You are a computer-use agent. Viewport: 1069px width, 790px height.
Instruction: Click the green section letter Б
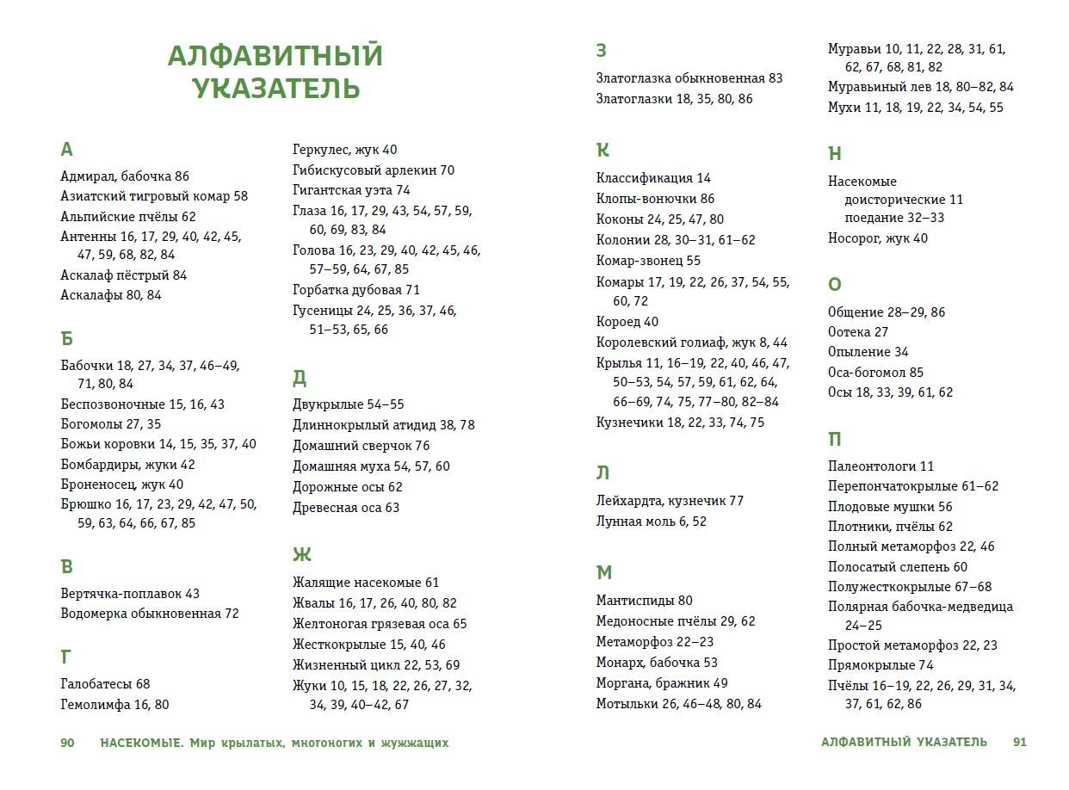coord(67,336)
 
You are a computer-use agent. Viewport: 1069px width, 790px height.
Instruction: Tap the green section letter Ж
coord(301,554)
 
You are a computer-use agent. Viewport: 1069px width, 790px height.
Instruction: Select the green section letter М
coord(603,573)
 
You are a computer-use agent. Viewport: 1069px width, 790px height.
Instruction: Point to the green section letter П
coord(835,439)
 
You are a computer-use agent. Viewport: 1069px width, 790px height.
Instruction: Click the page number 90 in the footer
coord(69,742)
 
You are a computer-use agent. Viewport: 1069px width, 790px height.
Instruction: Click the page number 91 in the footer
coord(1019,742)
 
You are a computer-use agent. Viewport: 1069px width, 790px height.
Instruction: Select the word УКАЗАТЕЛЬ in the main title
coord(275,89)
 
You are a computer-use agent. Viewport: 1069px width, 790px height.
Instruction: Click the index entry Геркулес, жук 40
coord(344,150)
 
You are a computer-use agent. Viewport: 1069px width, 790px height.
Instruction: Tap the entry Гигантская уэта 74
coord(351,190)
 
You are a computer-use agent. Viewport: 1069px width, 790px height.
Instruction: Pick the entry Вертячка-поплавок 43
coord(130,594)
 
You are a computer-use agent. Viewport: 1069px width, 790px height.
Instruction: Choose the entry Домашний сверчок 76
coord(361,446)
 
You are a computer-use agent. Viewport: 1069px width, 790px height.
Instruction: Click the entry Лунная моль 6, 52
coord(651,522)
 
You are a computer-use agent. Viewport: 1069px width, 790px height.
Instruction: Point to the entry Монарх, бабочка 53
coord(656,663)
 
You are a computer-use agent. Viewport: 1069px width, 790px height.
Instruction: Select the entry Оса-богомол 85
coord(875,373)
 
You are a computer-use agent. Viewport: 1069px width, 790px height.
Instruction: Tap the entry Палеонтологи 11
coord(881,466)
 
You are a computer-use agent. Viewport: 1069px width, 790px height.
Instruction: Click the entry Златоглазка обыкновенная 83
coord(689,78)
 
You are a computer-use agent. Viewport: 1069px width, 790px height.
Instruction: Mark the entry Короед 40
coord(627,322)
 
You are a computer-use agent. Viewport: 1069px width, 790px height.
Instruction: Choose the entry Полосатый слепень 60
coord(897,567)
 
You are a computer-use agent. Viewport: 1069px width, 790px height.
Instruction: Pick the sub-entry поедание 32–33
coord(894,218)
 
